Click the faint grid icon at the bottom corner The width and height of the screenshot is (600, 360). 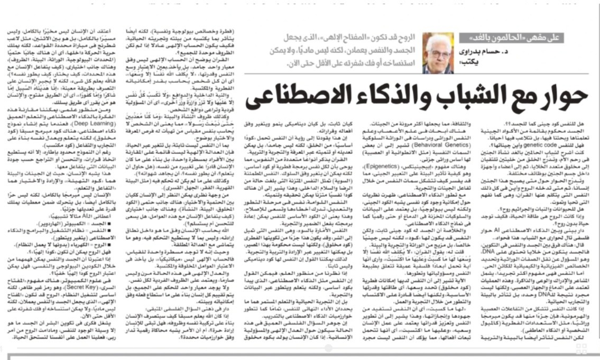(581, 349)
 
